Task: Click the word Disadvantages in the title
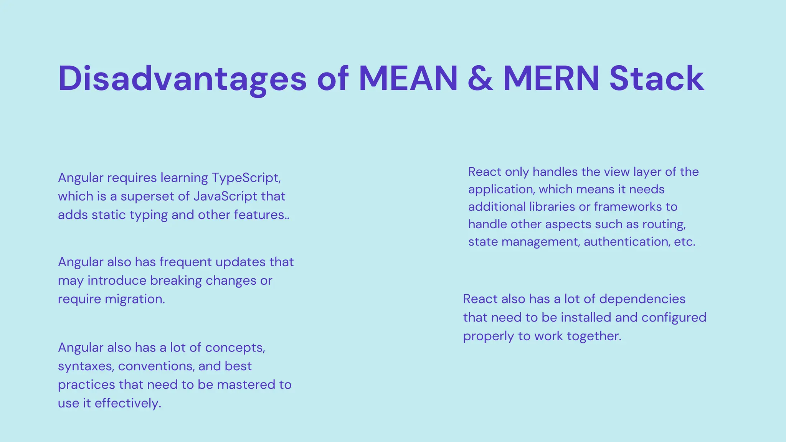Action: tap(182, 79)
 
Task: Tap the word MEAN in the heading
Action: tap(408, 79)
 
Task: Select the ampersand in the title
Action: tap(480, 79)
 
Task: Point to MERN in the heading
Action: tap(551, 79)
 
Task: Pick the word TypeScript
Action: tap(246, 178)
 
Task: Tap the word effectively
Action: tap(128, 403)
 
